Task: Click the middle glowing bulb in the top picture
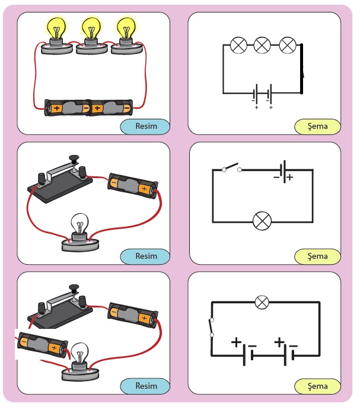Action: (x=91, y=28)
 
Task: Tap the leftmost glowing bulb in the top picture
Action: (x=56, y=27)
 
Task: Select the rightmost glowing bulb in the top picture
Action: (x=126, y=27)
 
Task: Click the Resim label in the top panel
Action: (x=145, y=126)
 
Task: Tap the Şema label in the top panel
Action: (x=317, y=126)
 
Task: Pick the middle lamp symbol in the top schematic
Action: (x=262, y=45)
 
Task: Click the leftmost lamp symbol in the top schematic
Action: (x=238, y=45)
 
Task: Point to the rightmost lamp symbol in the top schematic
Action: (x=287, y=45)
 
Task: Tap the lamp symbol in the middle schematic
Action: (x=262, y=221)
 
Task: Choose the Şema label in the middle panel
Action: (x=317, y=256)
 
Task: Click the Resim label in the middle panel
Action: (x=145, y=256)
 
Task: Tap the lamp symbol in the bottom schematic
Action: (x=262, y=303)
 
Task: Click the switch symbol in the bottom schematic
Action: (x=212, y=327)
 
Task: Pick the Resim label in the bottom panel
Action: (x=145, y=386)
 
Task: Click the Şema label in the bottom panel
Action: (x=317, y=386)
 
